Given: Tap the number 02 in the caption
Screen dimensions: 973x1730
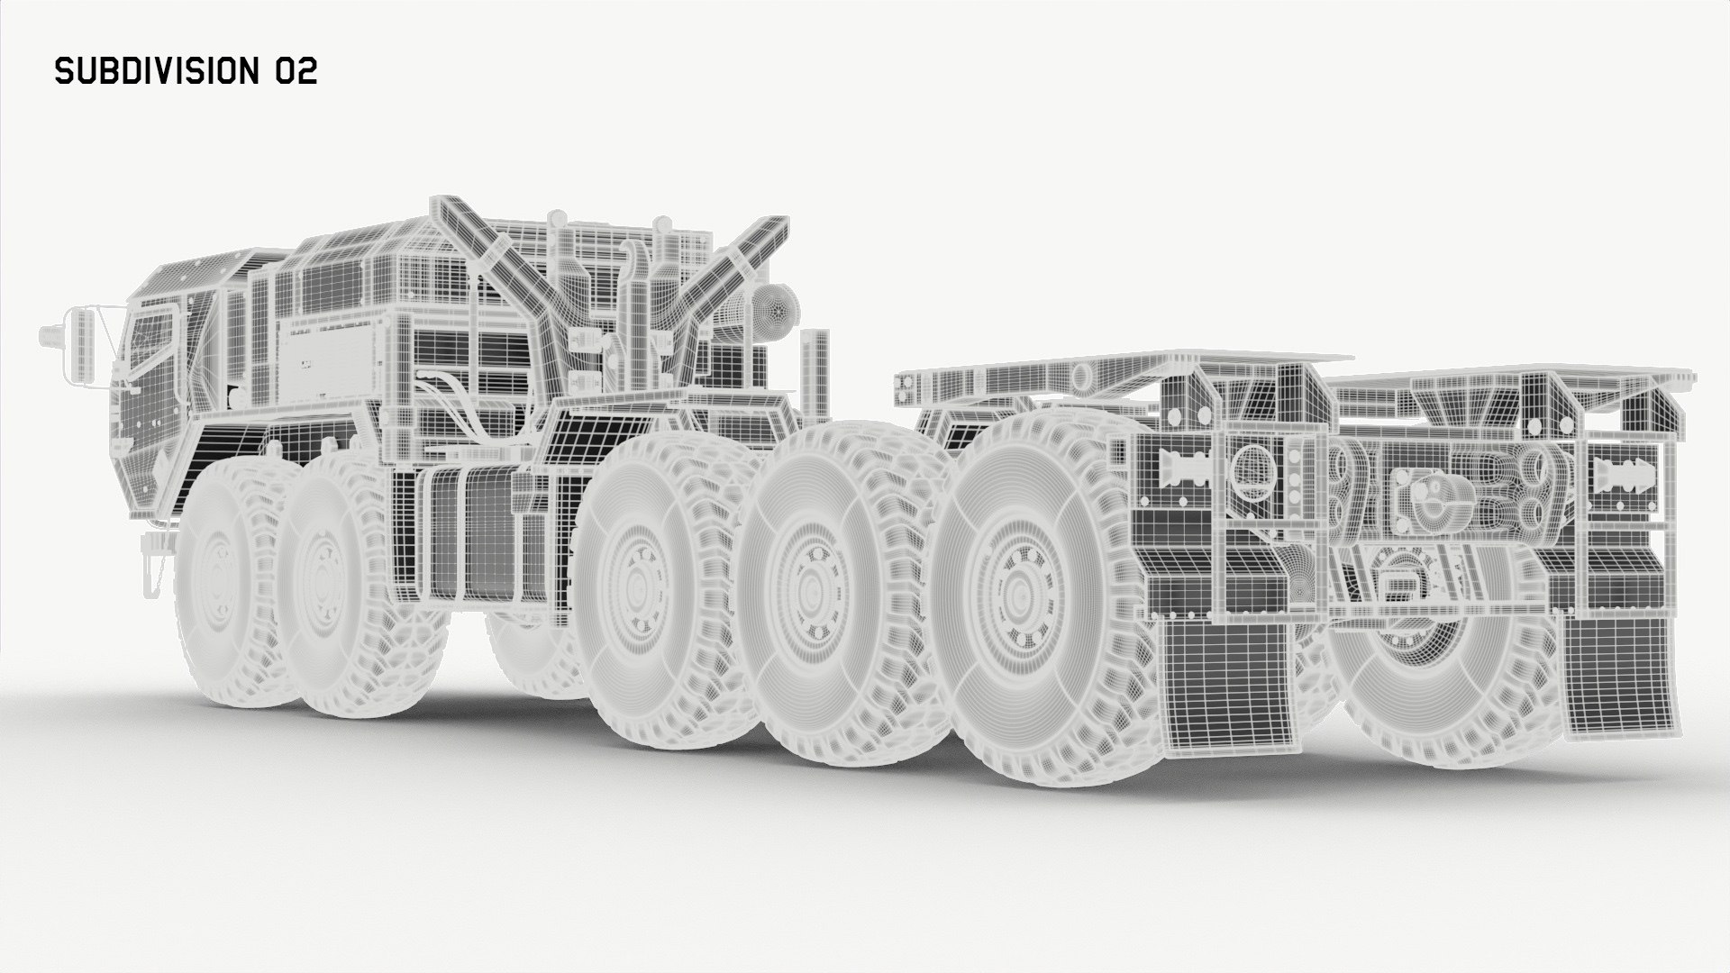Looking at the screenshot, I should [x=296, y=72].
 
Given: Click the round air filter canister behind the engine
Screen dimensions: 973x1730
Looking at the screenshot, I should [x=775, y=314].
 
